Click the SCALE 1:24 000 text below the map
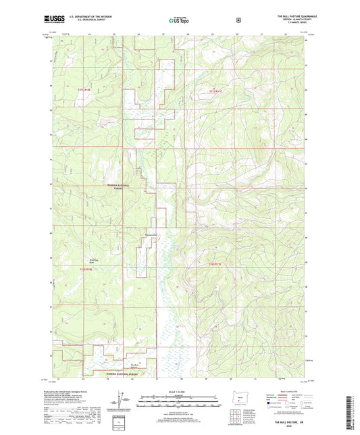pos(178,392)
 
